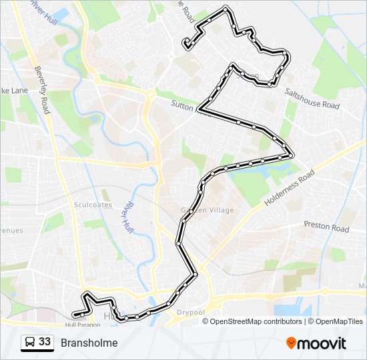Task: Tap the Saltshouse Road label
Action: (x=312, y=100)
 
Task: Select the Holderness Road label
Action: (x=289, y=187)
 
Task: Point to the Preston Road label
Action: (x=326, y=227)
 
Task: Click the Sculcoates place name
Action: (x=93, y=205)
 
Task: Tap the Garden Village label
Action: (x=208, y=210)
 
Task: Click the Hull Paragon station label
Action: (x=82, y=325)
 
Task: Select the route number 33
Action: (x=45, y=342)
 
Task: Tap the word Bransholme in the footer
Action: (x=89, y=343)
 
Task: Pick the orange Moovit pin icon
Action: (x=292, y=343)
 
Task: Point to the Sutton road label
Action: (x=183, y=105)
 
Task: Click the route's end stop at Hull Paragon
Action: (x=75, y=314)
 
